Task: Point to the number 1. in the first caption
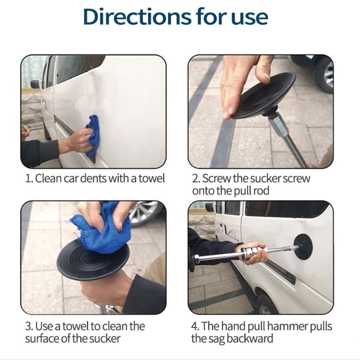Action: pyautogui.click(x=29, y=179)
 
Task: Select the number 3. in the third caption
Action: pyautogui.click(x=29, y=326)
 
